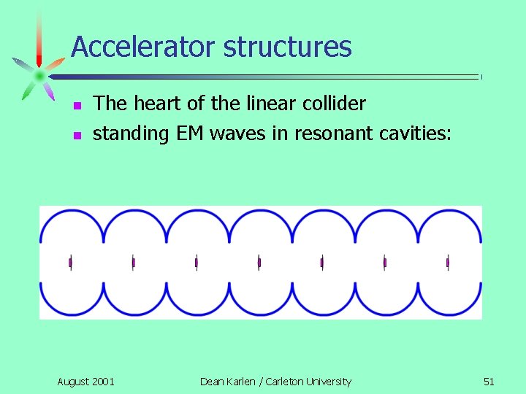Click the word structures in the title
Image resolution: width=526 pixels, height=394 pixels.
288,47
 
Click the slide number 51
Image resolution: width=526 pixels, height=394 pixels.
489,382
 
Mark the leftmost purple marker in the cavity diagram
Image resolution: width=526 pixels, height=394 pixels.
70,262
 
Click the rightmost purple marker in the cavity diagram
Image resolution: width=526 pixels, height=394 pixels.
448,262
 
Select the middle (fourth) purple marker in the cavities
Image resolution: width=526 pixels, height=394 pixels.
259,262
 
